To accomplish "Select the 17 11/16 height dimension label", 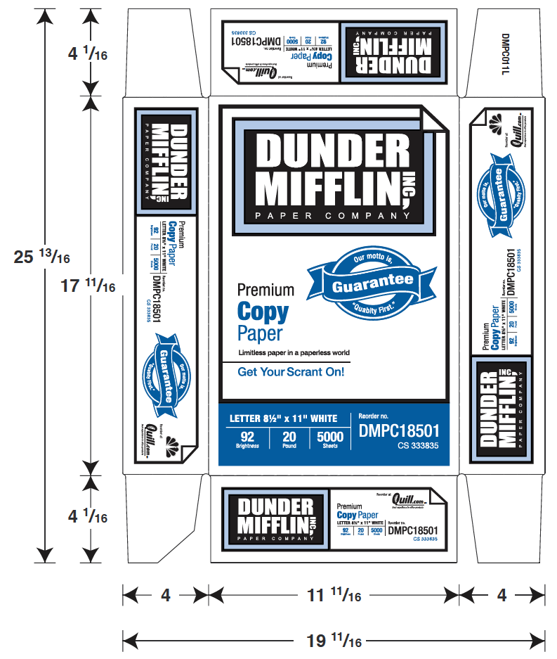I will pyautogui.click(x=89, y=286).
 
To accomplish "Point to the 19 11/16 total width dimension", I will pyautogui.click(x=334, y=641).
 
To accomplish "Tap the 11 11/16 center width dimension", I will pyautogui.click(x=334, y=596).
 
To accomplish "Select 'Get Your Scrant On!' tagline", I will pyautogui.click(x=291, y=372).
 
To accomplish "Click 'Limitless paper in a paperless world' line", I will pyautogui.click(x=294, y=352).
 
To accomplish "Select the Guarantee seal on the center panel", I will pyautogui.click(x=372, y=283).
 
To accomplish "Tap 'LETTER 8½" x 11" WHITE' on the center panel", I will pyautogui.click(x=289, y=419).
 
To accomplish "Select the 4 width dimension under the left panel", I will pyautogui.click(x=166, y=596).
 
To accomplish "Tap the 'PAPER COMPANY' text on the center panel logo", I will pyautogui.click(x=326, y=215).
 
